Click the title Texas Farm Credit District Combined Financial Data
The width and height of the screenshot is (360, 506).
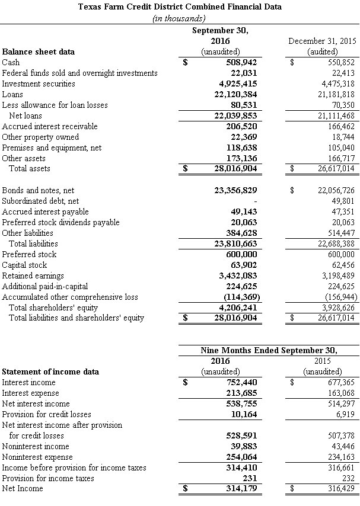[180, 7]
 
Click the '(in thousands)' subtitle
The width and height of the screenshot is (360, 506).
[180, 18]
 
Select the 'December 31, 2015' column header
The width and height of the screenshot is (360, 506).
[321, 41]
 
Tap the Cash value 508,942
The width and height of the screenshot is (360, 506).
[241, 62]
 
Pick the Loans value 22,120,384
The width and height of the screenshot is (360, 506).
[237, 94]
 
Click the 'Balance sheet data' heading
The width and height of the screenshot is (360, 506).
[39, 52]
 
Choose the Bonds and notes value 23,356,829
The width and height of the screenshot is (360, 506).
[237, 190]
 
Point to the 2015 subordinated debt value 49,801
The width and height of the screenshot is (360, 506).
[342, 201]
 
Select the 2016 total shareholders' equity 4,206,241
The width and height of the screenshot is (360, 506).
[239, 308]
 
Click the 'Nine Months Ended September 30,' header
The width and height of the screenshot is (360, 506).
[269, 350]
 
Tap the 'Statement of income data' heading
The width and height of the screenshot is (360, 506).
[50, 372]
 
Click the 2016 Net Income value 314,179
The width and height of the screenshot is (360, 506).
[241, 489]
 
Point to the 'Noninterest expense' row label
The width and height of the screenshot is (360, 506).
[37, 457]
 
